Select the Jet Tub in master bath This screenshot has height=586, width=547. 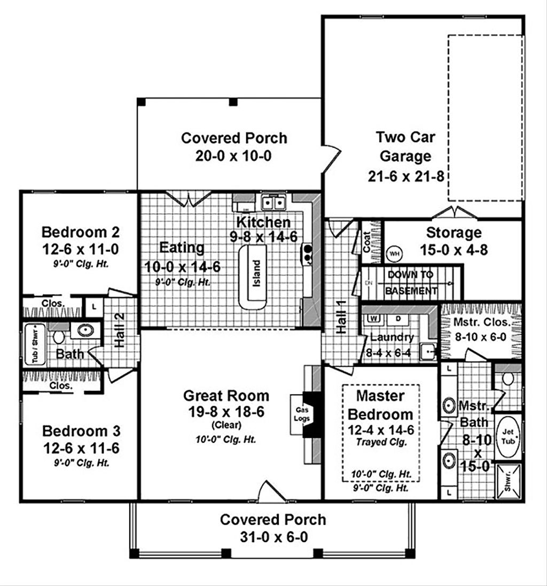point(506,436)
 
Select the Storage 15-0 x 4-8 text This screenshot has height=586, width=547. point(454,241)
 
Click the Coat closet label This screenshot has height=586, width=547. point(367,242)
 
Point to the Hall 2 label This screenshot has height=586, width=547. point(120,337)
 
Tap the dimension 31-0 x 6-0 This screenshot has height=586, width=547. point(272,537)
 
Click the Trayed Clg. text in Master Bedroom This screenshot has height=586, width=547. point(380,442)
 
